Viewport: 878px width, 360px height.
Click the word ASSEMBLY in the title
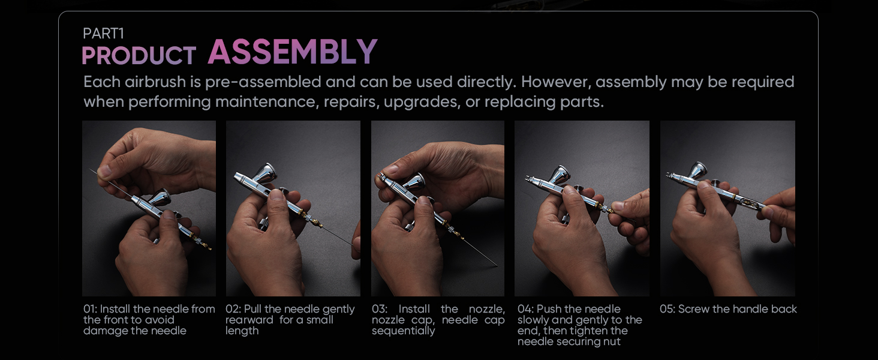pyautogui.click(x=293, y=52)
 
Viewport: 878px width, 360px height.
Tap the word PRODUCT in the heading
pyautogui.click(x=139, y=55)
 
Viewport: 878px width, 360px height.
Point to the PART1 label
pyautogui.click(x=104, y=34)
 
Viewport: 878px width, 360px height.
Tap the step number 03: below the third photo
pyautogui.click(x=380, y=309)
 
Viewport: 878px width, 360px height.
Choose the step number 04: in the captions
pyautogui.click(x=525, y=309)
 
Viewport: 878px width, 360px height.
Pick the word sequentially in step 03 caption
pyautogui.click(x=404, y=331)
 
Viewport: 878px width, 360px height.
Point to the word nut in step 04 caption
pyautogui.click(x=613, y=342)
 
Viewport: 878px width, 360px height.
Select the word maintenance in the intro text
pyautogui.click(x=265, y=102)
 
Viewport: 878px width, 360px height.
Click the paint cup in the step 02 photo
pyautogui.click(x=266, y=173)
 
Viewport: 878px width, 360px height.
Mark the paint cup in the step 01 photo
pyautogui.click(x=161, y=197)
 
